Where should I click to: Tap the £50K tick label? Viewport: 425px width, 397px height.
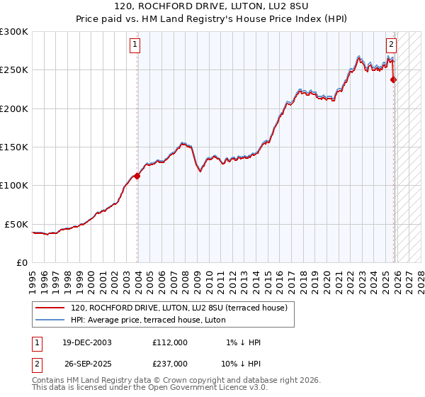pos(17,224)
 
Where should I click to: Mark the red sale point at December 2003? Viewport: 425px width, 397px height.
pos(137,177)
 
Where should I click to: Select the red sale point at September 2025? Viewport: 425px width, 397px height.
pos(394,80)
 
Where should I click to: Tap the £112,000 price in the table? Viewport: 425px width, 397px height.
pos(170,342)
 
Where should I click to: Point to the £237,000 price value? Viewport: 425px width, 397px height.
pos(170,363)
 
